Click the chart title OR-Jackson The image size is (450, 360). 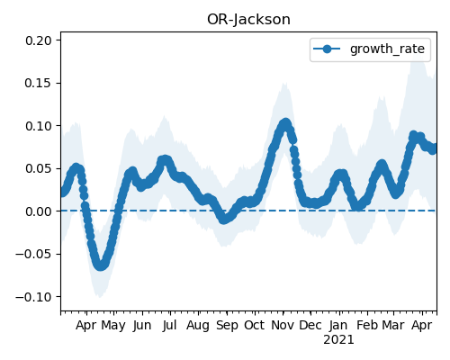coord(248,20)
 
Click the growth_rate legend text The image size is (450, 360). coord(387,49)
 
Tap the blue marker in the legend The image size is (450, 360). coord(327,49)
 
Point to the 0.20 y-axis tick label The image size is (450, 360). coord(39,40)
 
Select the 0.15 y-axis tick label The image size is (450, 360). coord(39,83)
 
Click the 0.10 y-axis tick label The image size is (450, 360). coord(39,126)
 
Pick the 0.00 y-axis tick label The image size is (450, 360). coord(39,211)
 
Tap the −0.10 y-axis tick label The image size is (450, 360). coord(34,297)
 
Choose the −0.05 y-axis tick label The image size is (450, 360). coord(34,254)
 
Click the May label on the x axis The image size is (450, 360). coord(113,326)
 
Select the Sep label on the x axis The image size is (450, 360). coord(227,326)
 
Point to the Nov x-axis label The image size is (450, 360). coord(283,325)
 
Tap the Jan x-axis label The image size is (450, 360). coord(338,325)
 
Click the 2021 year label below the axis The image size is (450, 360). coord(338,340)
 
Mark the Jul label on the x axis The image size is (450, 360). coord(170,325)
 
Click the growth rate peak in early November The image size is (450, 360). coord(285,123)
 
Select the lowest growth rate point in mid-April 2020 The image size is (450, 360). coord(101,265)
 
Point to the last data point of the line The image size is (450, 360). coord(434,148)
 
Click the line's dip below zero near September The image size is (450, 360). coord(223,220)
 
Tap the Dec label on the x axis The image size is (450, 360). coord(310,325)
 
